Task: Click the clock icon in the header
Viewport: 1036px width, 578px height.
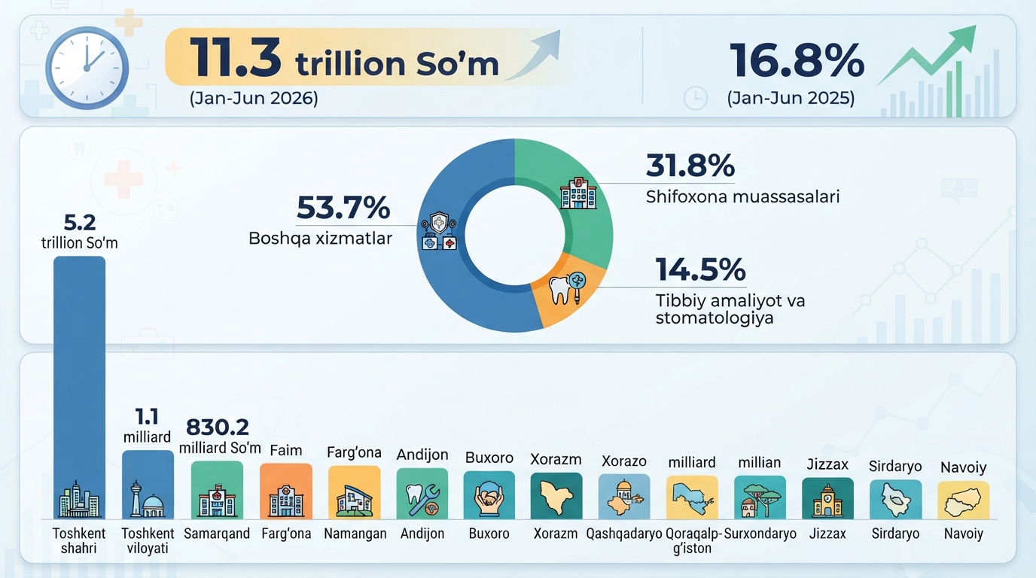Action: pyautogui.click(x=87, y=68)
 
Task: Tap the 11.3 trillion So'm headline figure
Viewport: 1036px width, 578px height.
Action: pyautogui.click(x=344, y=59)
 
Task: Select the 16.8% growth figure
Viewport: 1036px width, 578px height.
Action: pyautogui.click(x=797, y=60)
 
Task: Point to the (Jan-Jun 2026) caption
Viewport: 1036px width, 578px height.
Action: pyautogui.click(x=254, y=98)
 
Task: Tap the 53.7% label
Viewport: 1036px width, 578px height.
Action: pyautogui.click(x=343, y=208)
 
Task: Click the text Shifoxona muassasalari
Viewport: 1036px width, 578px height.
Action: pyautogui.click(x=742, y=196)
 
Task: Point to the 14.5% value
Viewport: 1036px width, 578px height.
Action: pyautogui.click(x=701, y=269)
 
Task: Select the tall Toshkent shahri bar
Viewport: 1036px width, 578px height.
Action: pyautogui.click(x=80, y=388)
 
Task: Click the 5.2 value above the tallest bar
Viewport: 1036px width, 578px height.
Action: pyautogui.click(x=80, y=223)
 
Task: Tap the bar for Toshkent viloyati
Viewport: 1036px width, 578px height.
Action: pyautogui.click(x=148, y=485)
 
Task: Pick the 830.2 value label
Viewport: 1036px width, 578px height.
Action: pyautogui.click(x=218, y=427)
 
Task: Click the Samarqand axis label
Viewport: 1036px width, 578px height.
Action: pyautogui.click(x=217, y=534)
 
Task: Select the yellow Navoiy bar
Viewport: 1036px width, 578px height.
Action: pyautogui.click(x=964, y=500)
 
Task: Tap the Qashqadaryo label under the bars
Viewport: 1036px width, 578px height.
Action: pyautogui.click(x=624, y=534)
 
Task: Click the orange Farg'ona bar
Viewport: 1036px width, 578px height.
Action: pyautogui.click(x=286, y=491)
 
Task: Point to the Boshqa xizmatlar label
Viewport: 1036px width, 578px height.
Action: pyautogui.click(x=321, y=239)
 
